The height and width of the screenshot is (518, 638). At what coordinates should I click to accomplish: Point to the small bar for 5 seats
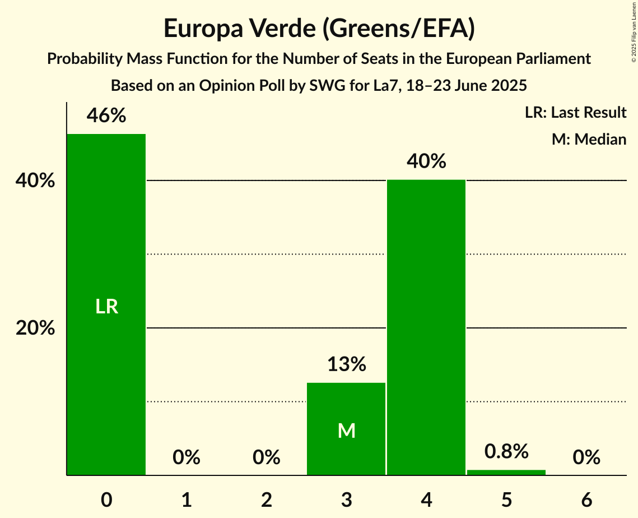506,473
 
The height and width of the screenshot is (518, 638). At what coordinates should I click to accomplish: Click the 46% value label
106,116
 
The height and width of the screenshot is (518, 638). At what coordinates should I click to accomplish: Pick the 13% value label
347,364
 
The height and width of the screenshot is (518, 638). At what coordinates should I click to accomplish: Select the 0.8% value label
506,451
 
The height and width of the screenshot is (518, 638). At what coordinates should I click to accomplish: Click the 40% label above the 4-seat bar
427,161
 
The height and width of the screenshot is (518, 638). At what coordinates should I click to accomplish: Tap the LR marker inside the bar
106,307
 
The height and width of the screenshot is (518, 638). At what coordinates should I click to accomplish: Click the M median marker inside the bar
347,431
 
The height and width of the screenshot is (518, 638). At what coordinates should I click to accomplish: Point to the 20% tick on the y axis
35,328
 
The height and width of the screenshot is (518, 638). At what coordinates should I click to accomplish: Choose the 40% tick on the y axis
35,181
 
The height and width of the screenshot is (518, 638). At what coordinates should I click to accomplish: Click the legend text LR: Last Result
575,113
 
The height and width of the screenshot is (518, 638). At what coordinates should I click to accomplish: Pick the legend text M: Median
589,139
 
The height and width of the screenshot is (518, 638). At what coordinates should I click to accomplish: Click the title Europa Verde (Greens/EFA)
319,29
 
